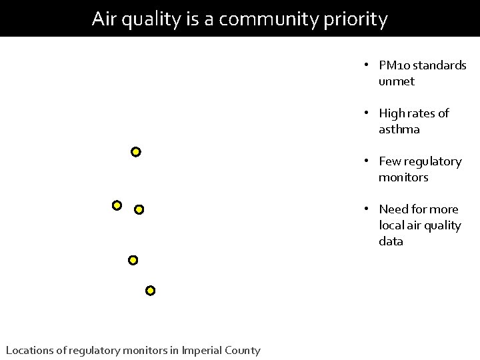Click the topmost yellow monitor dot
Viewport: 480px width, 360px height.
tap(136, 152)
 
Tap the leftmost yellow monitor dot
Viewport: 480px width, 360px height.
tap(117, 205)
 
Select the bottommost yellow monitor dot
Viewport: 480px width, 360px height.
tap(151, 291)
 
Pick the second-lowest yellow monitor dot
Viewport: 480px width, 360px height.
tap(133, 259)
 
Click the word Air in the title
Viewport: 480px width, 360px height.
tap(105, 19)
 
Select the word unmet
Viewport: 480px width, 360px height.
tap(396, 81)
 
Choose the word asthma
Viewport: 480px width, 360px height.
tap(399, 129)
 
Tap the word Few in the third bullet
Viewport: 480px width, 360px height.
tap(389, 161)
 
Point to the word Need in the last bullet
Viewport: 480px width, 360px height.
tap(393, 209)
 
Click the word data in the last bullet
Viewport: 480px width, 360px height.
tap(391, 241)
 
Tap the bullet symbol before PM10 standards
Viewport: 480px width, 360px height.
tap(367, 65)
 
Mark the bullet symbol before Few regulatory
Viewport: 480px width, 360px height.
tap(367, 161)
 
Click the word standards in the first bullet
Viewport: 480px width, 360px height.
tap(441, 65)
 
